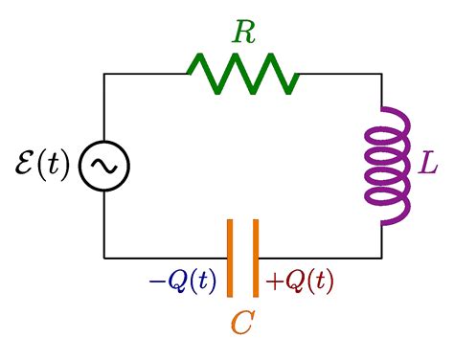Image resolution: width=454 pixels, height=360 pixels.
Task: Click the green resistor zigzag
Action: point(243,73)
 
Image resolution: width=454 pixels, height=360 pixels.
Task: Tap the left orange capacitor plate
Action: point(230,258)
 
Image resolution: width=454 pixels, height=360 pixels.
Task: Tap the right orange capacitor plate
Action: point(256,258)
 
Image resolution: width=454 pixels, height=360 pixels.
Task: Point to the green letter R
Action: point(244,32)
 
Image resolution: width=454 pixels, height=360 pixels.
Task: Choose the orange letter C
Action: point(242,324)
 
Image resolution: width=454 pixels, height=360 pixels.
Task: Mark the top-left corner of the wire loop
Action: point(104,74)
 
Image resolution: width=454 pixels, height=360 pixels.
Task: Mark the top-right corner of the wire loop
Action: point(382,74)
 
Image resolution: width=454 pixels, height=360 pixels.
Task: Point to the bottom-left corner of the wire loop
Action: point(104,258)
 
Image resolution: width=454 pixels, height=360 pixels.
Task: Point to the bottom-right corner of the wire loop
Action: point(382,258)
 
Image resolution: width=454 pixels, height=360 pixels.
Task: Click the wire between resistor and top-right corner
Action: point(340,74)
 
